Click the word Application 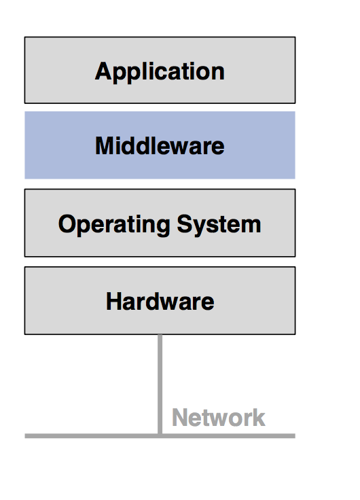click(160, 71)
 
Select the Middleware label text click(160, 145)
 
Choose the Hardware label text click(160, 301)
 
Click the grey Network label click(218, 417)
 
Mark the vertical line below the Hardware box click(160, 384)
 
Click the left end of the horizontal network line click(26, 435)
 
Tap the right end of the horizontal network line click(293, 435)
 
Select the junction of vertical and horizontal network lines click(160, 435)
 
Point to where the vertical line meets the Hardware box click(160, 335)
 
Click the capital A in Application click(103, 71)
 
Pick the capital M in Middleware click(104, 145)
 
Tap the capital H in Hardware click(113, 301)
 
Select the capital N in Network click(179, 417)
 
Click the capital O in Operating click(67, 224)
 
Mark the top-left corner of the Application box click(25, 37)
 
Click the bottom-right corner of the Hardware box click(295, 334)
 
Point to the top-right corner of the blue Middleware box click(294, 112)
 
